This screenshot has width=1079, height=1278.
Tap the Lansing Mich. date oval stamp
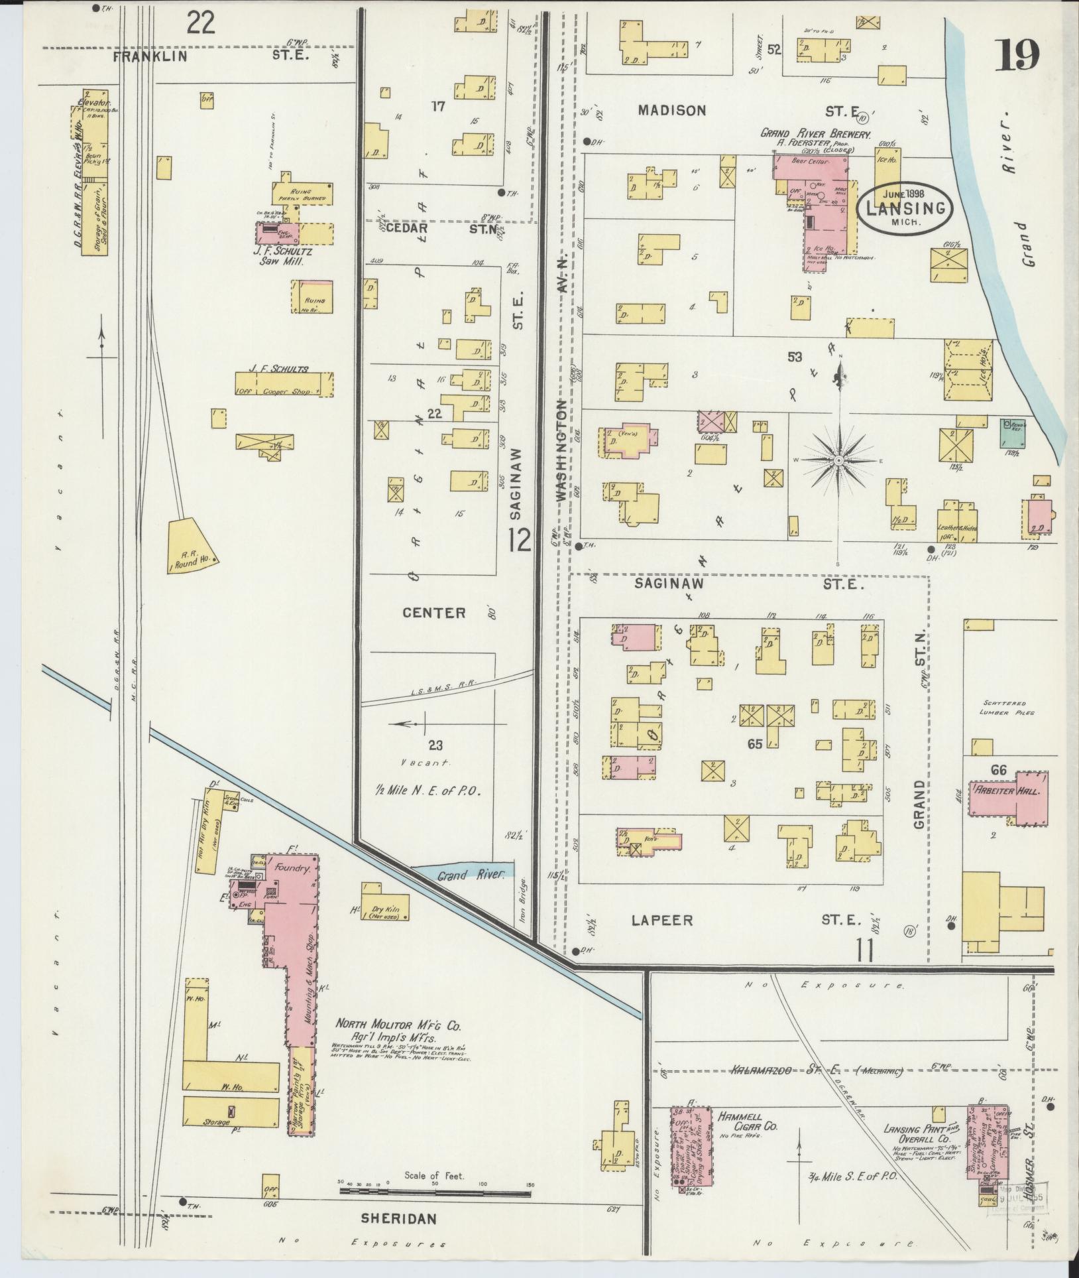[905, 207]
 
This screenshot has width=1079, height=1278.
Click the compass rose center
[838, 460]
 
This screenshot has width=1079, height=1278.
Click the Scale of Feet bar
[435, 1192]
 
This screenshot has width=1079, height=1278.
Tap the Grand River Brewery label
[815, 133]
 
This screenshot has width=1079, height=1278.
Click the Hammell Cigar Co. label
[747, 1122]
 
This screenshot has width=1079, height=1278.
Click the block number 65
[755, 743]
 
